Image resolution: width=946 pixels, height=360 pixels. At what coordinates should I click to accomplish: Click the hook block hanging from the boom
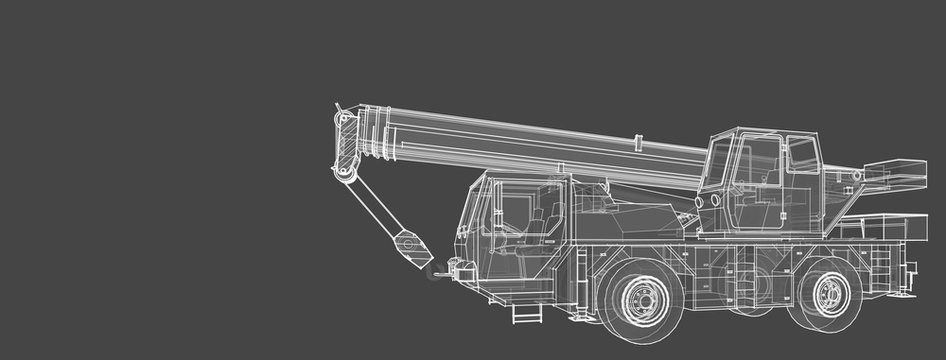pos(411,246)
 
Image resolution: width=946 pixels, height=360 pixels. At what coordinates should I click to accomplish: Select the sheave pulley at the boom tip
pos(346,174)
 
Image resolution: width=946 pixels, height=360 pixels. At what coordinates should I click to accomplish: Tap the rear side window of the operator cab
pos(802,155)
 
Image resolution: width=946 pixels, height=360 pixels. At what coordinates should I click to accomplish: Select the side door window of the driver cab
pos(516,211)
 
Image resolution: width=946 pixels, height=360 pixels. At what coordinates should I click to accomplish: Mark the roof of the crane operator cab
pos(764,132)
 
